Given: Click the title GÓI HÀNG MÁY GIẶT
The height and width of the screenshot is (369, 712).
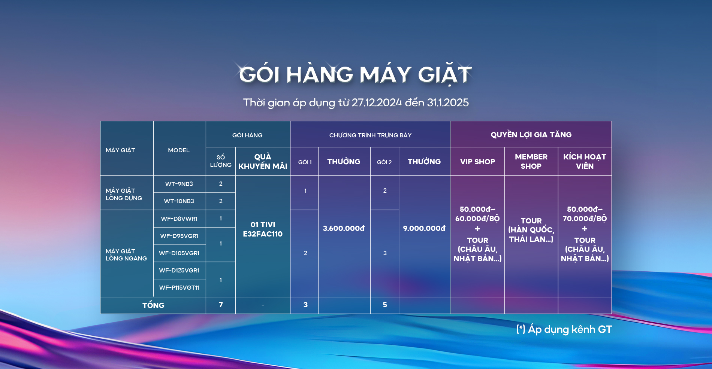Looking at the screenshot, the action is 355,74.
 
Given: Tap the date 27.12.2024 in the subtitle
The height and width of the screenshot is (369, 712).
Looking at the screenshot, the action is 377,103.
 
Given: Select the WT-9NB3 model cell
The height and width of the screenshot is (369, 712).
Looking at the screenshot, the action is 179,184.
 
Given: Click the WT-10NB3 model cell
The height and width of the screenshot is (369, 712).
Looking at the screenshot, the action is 179,201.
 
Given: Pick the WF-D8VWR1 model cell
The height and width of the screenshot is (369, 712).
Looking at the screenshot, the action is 179,219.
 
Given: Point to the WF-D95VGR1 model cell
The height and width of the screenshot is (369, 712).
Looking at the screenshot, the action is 179,236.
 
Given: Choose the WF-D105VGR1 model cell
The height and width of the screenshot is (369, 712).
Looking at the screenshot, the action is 179,253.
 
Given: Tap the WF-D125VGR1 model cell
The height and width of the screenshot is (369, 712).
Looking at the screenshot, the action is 179,270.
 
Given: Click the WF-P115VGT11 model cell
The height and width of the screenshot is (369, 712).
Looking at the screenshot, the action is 179,287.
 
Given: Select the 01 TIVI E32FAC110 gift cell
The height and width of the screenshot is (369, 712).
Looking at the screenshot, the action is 263,229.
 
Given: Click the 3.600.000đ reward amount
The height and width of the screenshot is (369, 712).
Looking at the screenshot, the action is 344,228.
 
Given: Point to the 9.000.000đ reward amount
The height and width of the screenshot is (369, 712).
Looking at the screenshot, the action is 424,228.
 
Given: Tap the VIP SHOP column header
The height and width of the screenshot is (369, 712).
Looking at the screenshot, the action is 477,162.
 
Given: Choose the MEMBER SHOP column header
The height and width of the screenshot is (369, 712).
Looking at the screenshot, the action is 531,161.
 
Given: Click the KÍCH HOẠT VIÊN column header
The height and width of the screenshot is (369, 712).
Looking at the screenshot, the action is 585,161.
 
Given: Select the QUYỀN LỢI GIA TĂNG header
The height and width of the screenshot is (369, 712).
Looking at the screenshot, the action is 531,134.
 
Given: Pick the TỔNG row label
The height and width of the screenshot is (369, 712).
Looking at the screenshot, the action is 153,305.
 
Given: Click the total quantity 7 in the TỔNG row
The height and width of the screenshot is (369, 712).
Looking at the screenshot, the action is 221,305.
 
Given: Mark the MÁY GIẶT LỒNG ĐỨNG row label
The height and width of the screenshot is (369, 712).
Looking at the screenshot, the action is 124,194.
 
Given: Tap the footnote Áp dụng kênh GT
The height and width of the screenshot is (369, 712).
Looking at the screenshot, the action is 570,329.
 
